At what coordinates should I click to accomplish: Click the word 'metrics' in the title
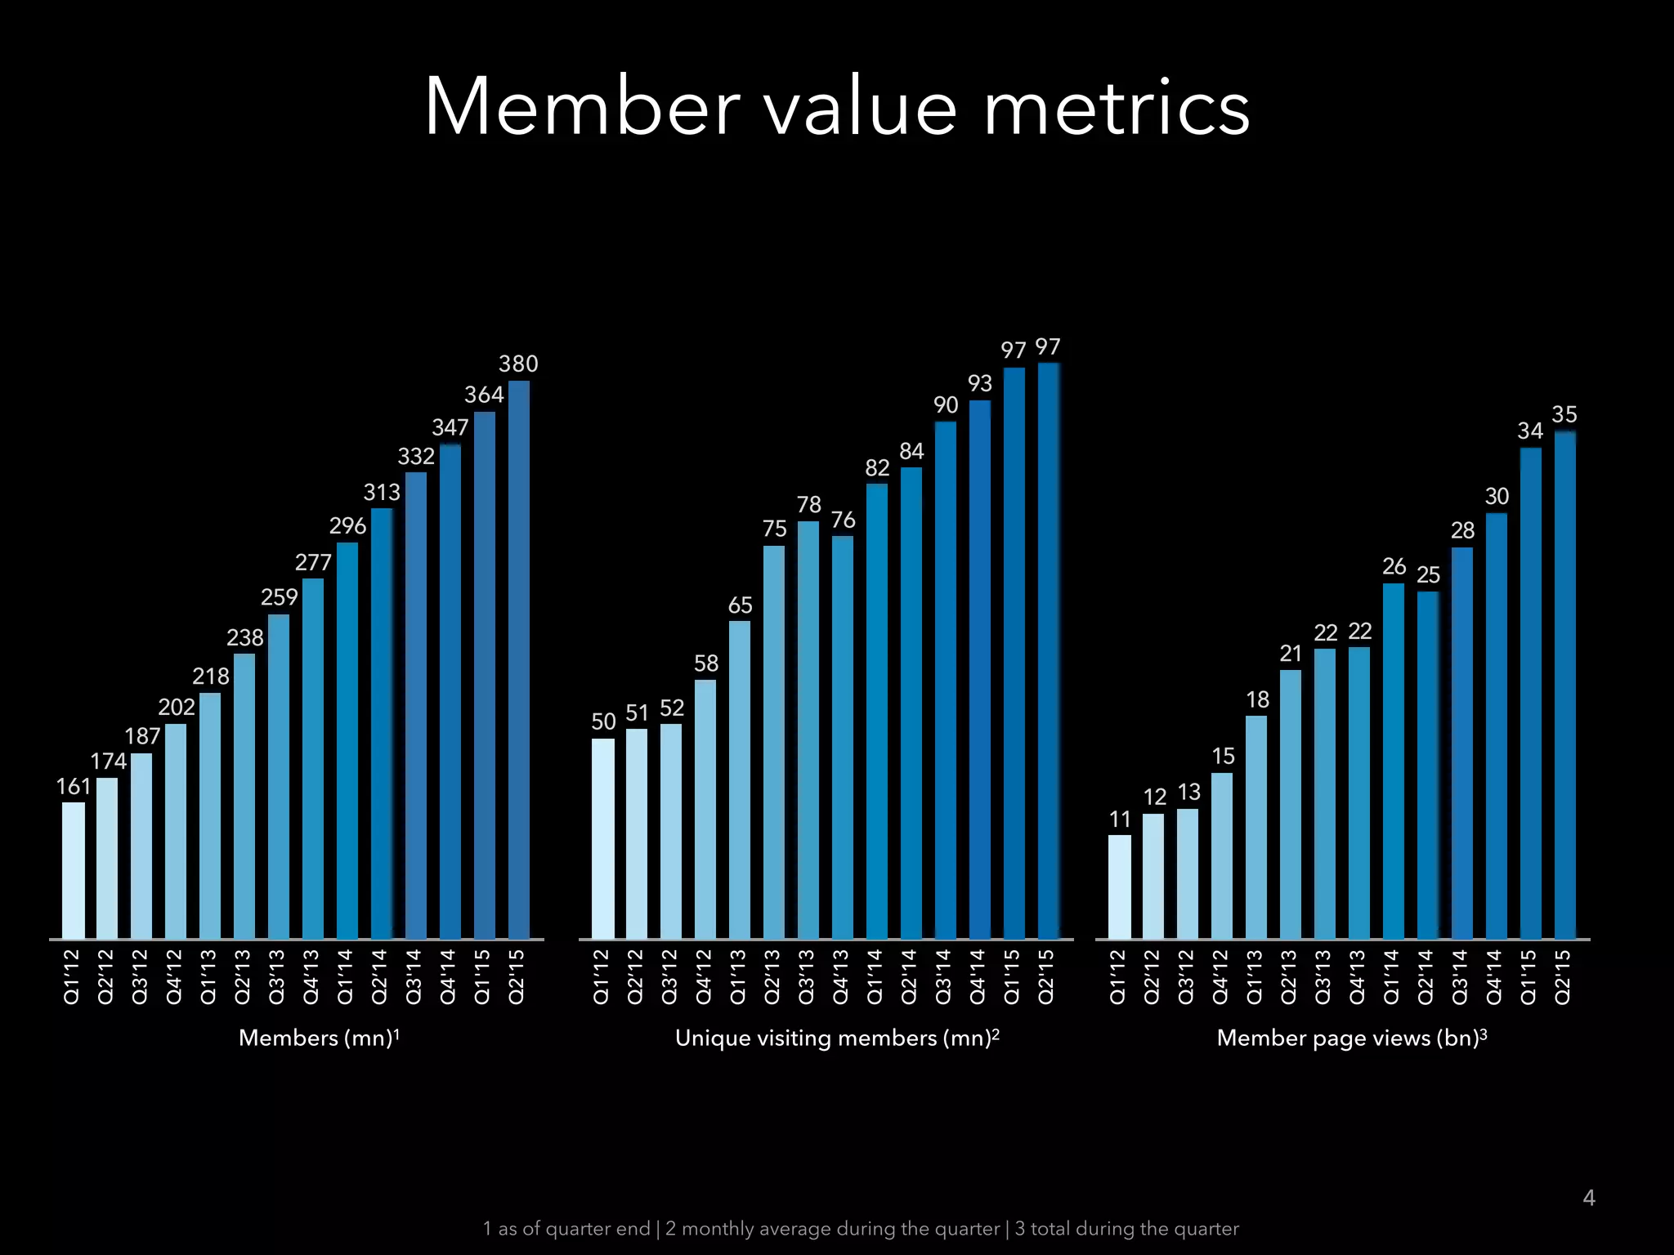pos(1117,108)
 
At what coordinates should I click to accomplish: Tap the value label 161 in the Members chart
pos(74,787)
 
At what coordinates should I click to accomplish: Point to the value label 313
pos(382,493)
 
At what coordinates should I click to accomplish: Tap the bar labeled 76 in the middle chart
pos(843,737)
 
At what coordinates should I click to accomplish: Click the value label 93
pos(980,383)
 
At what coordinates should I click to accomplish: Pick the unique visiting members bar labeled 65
pos(740,779)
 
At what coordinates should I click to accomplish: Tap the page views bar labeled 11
pos(1120,887)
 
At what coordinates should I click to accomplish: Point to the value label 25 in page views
pos(1428,575)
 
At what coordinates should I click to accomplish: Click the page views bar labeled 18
pos(1256,827)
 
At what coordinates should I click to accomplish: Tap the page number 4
pos(1589,1198)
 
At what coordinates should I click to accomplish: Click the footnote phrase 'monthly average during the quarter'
pos(832,1229)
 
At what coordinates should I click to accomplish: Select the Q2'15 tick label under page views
pos(1563,976)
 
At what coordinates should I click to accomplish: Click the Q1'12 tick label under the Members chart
pos(72,976)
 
